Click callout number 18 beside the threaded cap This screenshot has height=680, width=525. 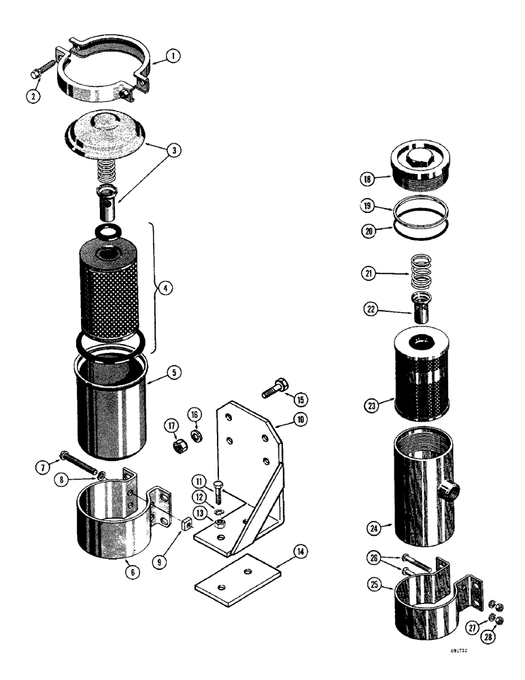[369, 179]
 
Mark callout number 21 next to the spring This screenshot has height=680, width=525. [369, 274]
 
